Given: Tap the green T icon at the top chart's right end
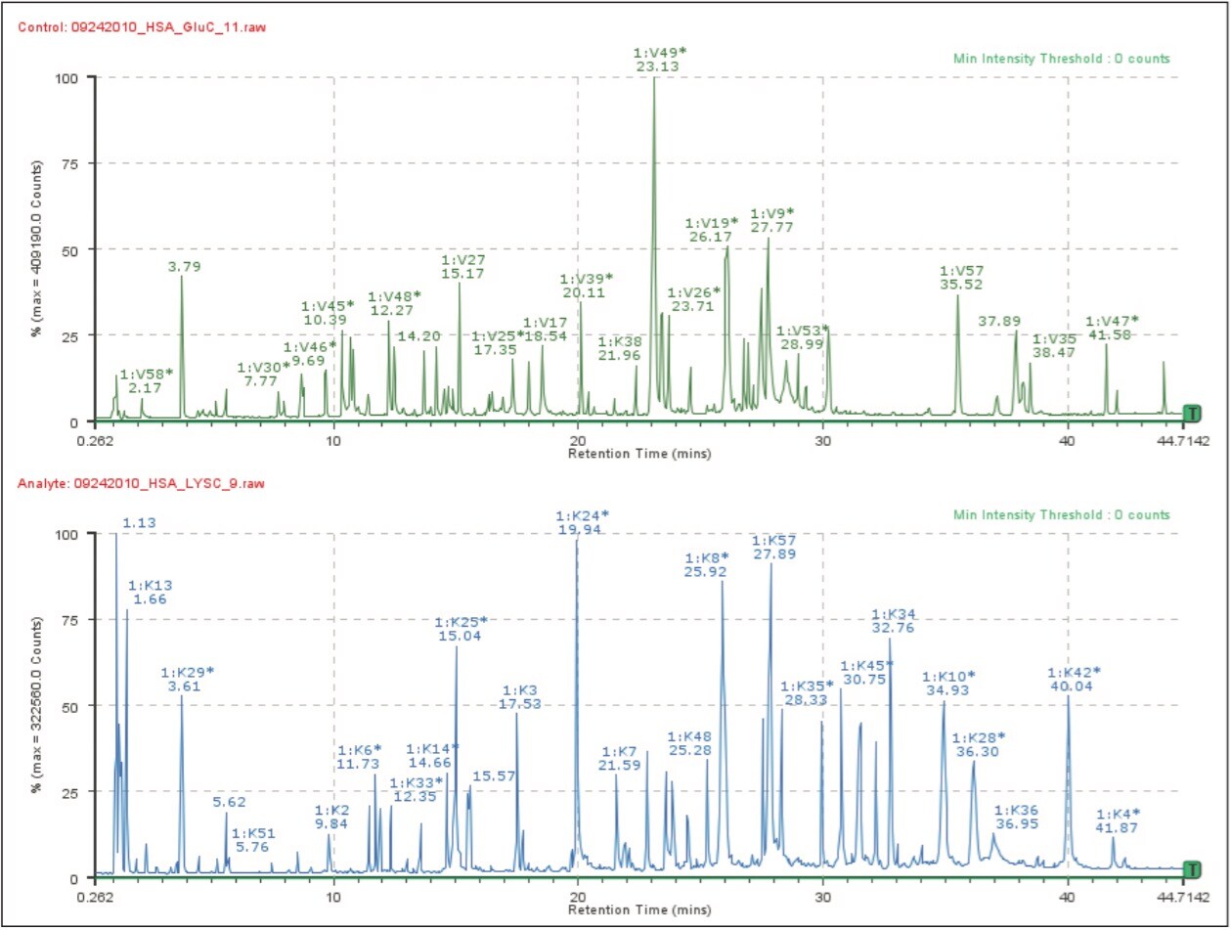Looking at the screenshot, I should (x=1191, y=414).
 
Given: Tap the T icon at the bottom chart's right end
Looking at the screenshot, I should (x=1191, y=869).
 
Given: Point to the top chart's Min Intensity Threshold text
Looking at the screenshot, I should (x=1061, y=59).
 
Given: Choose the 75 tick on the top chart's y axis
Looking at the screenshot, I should (x=71, y=163).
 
